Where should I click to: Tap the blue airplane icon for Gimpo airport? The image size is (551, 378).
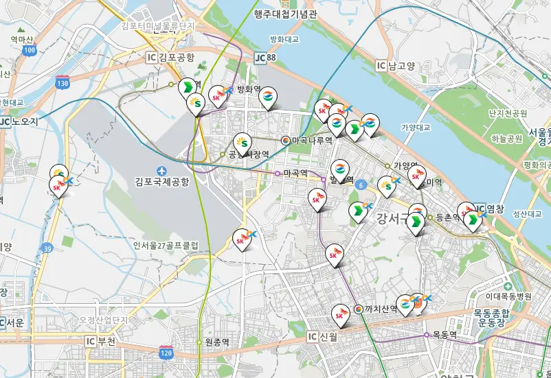161,170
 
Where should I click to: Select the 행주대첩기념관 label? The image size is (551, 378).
285,13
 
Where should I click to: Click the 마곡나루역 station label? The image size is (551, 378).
312,140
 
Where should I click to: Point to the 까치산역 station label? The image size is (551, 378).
381,309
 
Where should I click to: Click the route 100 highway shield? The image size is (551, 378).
29,50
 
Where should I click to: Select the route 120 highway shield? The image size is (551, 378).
166,353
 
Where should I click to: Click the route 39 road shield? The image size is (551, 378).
47,248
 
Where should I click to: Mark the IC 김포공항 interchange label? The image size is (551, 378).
170,58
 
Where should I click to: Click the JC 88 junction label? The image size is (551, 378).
265,58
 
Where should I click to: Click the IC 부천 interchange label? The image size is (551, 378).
100,340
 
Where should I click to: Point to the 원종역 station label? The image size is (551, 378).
216,342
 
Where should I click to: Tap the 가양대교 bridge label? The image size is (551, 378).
415,128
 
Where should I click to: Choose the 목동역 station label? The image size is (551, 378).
445,335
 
